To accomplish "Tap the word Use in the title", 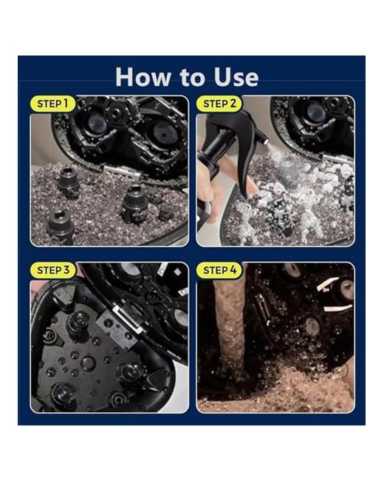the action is click(x=236, y=77).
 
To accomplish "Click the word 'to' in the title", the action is click(x=192, y=77).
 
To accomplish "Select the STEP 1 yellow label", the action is click(x=52, y=104).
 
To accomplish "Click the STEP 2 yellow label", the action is click(x=219, y=104).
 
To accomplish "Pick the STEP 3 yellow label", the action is click(x=53, y=270).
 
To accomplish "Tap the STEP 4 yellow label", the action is click(x=219, y=270).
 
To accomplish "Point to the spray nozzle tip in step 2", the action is click(x=264, y=140).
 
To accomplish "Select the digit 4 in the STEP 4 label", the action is click(x=233, y=270).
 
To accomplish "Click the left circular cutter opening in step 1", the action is click(x=97, y=124).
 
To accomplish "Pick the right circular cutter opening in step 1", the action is click(x=165, y=132).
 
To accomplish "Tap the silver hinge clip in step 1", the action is click(x=123, y=172).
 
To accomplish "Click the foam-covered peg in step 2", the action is click(x=287, y=170).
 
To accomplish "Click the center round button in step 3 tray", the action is click(x=88, y=363).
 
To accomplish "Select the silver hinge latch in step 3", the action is click(x=127, y=319).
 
